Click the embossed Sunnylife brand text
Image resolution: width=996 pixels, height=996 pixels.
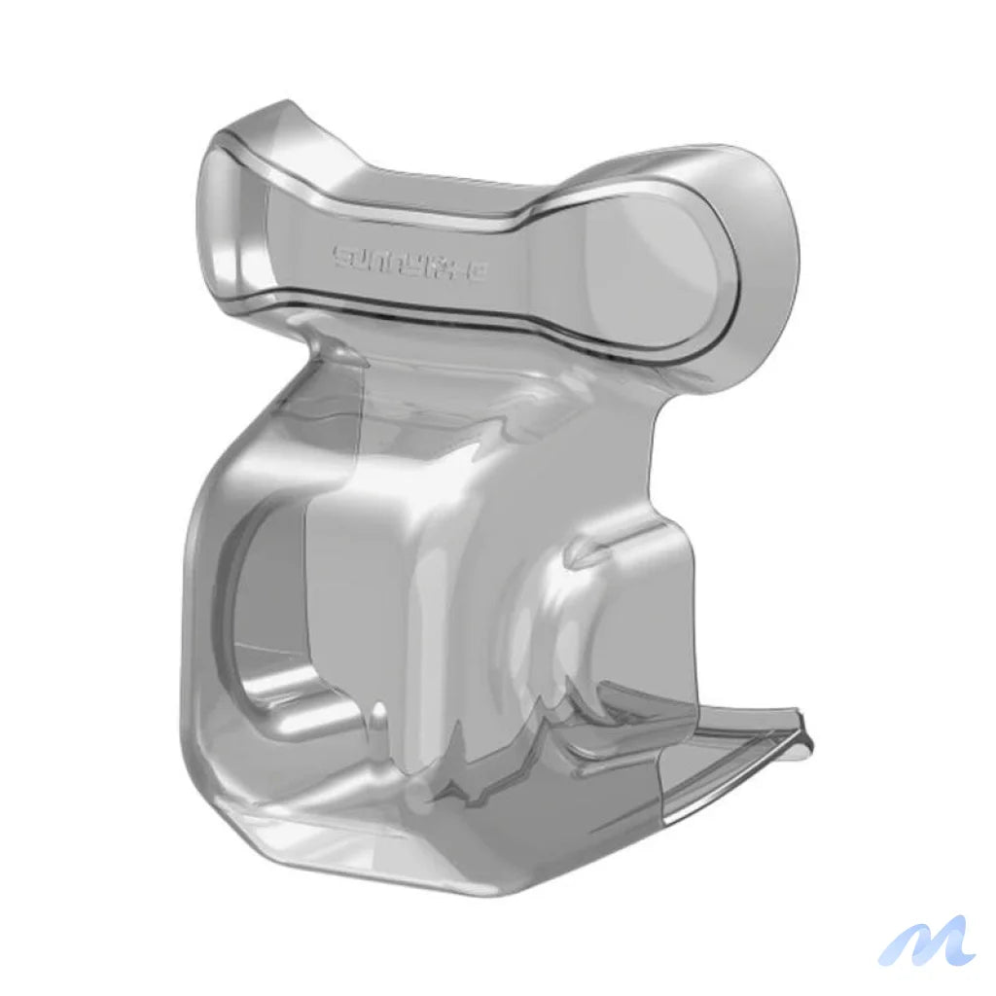click(411, 259)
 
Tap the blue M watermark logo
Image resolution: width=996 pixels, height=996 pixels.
click(926, 941)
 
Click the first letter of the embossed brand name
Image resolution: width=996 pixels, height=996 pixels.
click(342, 256)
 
